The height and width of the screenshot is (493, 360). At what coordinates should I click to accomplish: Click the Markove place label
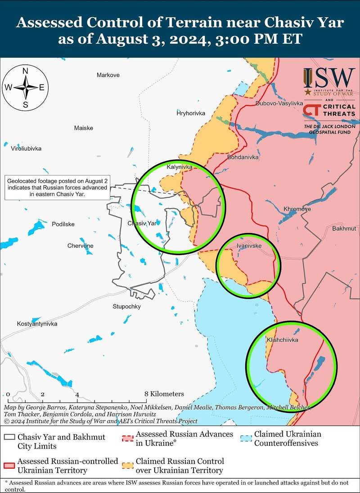click(108, 75)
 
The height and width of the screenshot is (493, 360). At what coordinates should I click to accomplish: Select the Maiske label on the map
click(84, 128)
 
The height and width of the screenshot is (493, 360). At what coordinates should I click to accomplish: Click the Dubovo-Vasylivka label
click(279, 103)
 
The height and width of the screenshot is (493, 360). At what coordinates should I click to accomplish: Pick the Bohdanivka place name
click(243, 158)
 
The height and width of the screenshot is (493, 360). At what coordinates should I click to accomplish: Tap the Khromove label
click(297, 209)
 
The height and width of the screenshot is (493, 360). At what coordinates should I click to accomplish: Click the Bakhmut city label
click(344, 229)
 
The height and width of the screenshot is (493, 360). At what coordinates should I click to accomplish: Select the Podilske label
click(63, 224)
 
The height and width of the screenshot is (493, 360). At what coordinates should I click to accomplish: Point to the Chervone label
click(80, 246)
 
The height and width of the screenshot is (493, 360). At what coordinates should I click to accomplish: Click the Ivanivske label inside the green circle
click(249, 246)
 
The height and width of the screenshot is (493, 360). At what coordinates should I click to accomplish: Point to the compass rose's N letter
click(26, 72)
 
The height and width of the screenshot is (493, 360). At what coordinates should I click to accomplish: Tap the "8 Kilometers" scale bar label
click(165, 394)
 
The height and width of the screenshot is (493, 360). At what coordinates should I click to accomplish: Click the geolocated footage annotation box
click(57, 188)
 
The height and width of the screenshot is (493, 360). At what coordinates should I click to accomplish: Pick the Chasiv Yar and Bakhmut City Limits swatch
click(9, 438)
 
